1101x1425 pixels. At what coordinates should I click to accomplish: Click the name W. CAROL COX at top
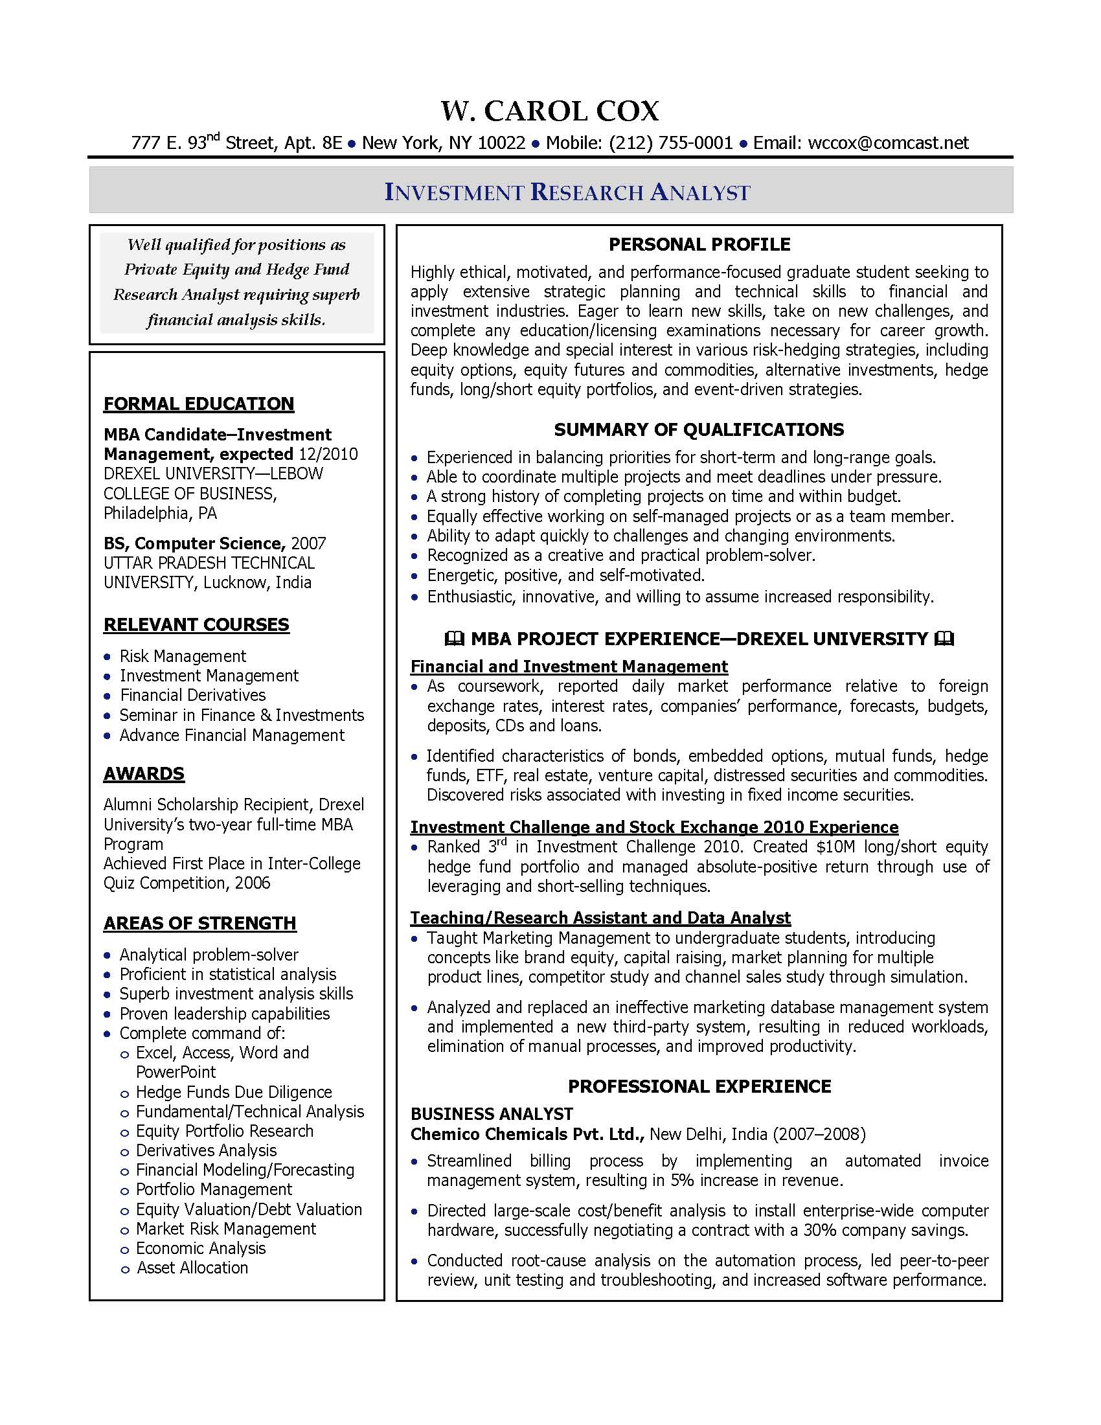tap(550, 111)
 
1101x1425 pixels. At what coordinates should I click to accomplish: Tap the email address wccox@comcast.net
tap(888, 143)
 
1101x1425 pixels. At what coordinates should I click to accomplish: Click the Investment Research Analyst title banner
tap(567, 192)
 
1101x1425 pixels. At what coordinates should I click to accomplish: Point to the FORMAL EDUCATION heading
tap(198, 404)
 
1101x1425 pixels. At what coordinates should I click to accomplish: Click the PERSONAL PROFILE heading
tap(699, 245)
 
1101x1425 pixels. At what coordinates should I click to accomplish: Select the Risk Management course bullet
tap(182, 656)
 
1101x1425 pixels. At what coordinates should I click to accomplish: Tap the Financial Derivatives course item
tap(192, 696)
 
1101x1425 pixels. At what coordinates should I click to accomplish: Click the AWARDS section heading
tap(144, 774)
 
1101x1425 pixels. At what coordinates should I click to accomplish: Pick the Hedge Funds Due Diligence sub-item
tap(234, 1092)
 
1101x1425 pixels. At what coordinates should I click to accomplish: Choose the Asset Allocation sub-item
tap(192, 1268)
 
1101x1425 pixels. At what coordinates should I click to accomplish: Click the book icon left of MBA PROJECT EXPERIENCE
tap(454, 639)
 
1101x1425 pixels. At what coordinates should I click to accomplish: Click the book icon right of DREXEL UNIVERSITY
tap(944, 639)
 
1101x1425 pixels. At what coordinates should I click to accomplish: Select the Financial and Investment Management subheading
tap(569, 667)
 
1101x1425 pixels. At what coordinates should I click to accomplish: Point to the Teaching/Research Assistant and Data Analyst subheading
tap(600, 918)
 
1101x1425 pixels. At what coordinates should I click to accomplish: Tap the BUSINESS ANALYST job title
tap(491, 1114)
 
